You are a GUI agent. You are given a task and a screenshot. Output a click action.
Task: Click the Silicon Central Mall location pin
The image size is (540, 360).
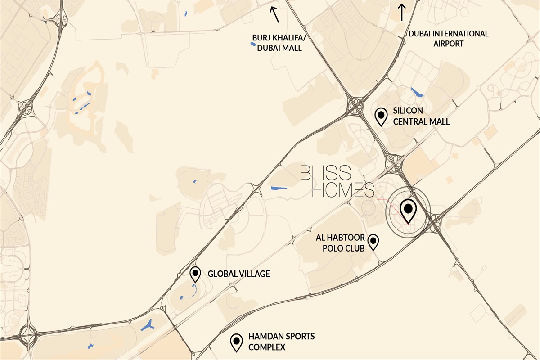point(382,117)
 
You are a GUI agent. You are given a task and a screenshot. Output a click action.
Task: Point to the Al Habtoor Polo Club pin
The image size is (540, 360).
point(373,242)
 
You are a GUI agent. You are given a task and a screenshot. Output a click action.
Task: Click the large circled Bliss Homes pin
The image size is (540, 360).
point(408,210)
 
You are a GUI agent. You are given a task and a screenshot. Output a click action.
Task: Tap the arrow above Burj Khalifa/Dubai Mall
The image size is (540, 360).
point(274,14)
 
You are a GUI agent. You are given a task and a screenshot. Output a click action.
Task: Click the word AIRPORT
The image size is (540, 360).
point(448,44)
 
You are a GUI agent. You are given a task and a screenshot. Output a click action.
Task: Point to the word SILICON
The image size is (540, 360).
point(408,111)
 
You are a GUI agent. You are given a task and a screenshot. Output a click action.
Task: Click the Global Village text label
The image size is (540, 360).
point(238,274)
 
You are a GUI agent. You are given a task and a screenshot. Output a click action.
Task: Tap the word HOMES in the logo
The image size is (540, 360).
point(343,190)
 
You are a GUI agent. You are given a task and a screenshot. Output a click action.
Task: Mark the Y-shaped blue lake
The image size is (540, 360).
point(148,325)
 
